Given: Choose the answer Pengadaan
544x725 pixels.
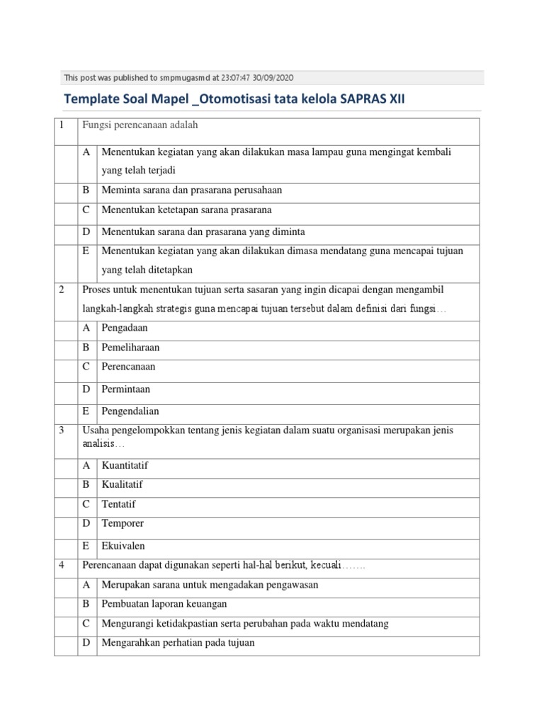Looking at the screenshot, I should pos(125,328).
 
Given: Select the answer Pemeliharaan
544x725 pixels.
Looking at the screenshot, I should pos(130,348).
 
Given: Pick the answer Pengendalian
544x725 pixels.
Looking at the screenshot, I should pos(130,411).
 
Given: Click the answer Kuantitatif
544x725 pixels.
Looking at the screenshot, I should pos(125,465).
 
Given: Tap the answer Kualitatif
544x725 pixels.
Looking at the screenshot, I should pos(122,485).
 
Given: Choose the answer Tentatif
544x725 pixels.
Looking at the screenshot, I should pos(118,504).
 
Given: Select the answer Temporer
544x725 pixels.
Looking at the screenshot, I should pos(123,524).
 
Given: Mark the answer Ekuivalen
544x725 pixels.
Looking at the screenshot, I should pos(123,546).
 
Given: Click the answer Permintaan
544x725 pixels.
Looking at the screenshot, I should pos(126,389).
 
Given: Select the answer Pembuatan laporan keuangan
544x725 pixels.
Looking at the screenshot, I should pos(164,604).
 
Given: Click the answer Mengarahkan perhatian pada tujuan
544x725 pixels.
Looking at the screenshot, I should pos(178,643).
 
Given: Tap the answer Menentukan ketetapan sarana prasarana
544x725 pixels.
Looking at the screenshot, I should pos(186,210).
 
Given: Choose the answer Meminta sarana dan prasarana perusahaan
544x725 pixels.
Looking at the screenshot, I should pos(192,190).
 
